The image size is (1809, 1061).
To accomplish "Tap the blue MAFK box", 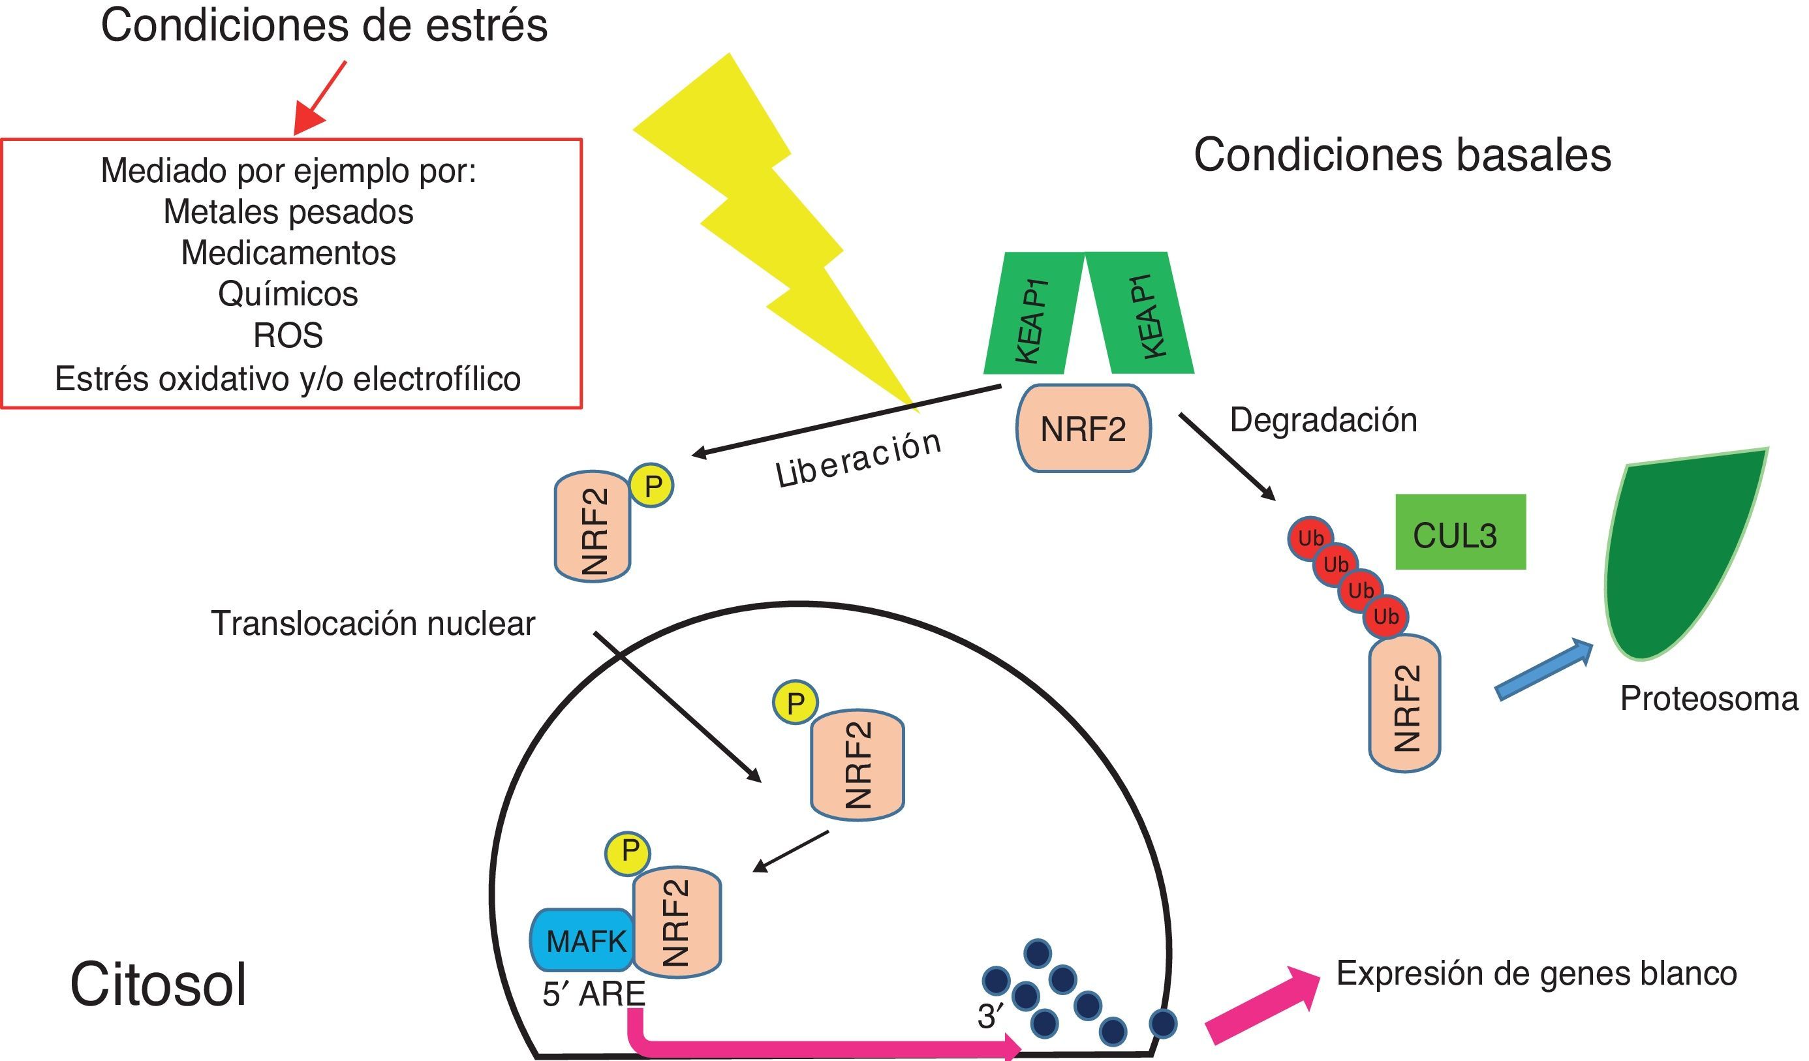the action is point(582,940).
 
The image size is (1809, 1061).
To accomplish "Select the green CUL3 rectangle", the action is point(1460,532).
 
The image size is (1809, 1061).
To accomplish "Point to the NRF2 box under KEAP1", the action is point(1083,429).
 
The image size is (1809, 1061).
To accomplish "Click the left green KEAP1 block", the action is point(1034,313).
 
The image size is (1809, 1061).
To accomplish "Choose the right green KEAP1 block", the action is point(1141,313).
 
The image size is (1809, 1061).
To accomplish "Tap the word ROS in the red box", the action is point(288,335).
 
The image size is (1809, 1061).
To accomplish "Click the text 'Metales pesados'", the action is point(288,212).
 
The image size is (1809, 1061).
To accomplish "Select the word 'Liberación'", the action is point(859,460).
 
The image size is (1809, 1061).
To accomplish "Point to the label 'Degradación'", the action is point(1323,420).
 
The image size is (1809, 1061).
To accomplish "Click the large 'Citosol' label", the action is point(158,985).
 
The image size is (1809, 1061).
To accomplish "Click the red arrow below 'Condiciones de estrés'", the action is point(320,99).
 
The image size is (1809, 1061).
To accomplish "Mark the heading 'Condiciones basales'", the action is point(1402,155).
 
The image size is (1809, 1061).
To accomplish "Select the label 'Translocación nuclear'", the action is point(373,623).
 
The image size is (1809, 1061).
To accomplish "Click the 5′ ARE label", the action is point(594,994).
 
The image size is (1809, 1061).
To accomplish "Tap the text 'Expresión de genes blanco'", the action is point(1536,974).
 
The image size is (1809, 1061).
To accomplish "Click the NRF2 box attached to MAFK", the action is point(677,923).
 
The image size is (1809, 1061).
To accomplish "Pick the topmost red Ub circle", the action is point(1311,538).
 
